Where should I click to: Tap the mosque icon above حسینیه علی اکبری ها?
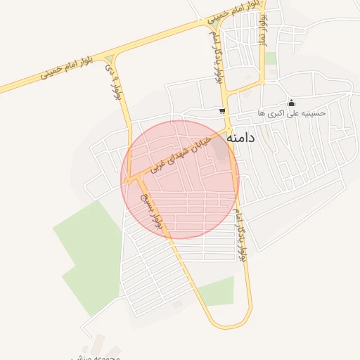click(x=292, y=103)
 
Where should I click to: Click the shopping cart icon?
click(x=222, y=111)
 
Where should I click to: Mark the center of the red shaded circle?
click(x=180, y=179)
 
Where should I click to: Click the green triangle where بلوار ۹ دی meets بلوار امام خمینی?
click(x=110, y=58)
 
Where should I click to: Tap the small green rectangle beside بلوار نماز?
click(x=270, y=58)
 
